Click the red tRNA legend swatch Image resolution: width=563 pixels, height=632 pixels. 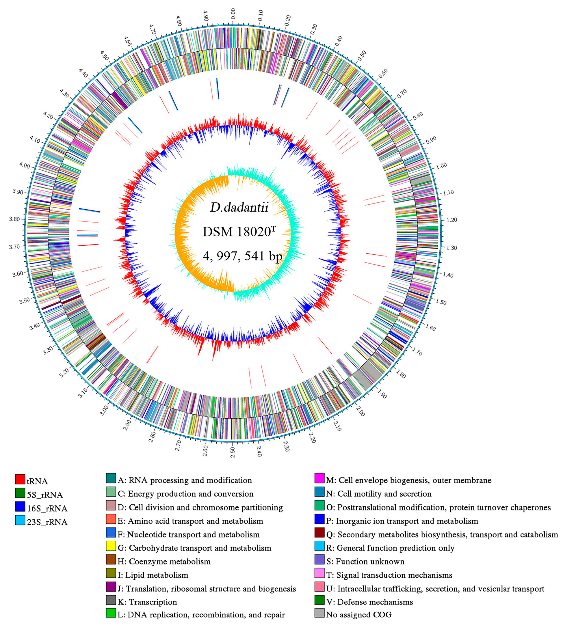20,480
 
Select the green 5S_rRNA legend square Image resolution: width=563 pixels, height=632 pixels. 20,493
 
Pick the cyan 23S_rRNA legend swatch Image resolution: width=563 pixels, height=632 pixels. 20,520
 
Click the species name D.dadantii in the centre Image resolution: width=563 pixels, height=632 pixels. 239,208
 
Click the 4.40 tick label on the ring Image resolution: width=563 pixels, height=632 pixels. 83,73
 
